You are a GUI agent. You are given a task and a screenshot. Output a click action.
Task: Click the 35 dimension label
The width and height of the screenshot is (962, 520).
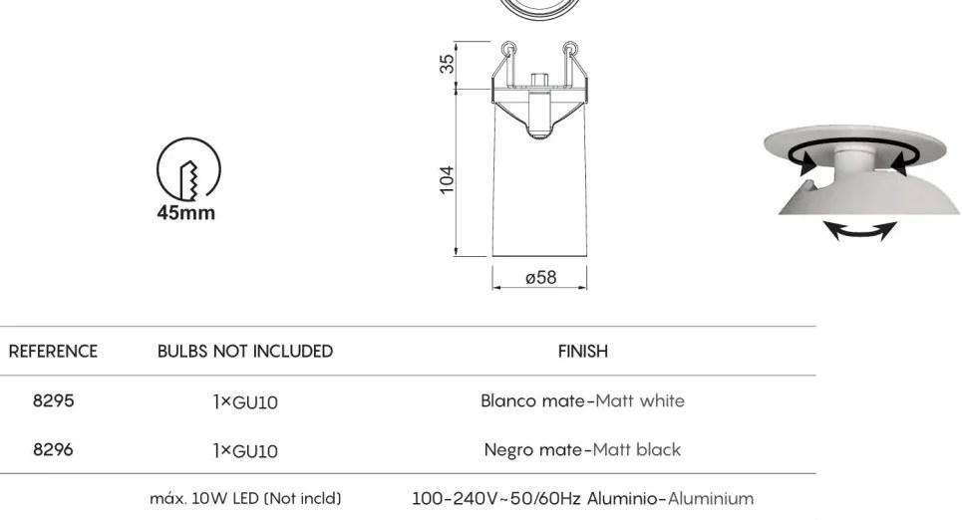pos(448,64)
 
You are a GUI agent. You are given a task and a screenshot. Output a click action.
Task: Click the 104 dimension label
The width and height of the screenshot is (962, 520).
pos(448,179)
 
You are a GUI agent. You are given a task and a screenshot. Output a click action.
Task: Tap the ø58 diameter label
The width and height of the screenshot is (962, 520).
pos(541,278)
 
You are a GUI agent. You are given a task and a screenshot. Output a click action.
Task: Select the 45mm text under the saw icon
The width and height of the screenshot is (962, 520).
pos(185,213)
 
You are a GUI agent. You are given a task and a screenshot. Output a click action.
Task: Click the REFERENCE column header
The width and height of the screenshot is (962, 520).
pos(53,352)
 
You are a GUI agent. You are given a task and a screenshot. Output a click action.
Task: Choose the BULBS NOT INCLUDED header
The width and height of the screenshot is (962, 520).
pos(245,352)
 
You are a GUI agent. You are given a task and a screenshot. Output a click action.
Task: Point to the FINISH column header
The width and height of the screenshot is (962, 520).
pos(583,352)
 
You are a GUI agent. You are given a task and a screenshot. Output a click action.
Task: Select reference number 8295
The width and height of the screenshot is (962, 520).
pos(54,401)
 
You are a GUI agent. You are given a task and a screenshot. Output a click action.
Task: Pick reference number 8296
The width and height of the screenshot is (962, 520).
pos(54,450)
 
